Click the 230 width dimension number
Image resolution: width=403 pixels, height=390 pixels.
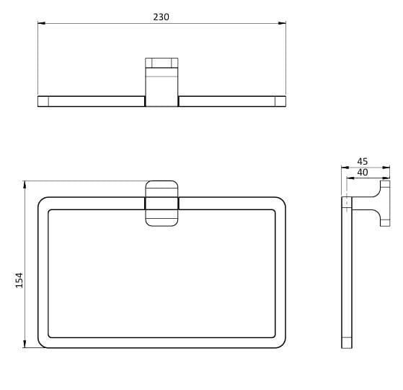pos(161,17)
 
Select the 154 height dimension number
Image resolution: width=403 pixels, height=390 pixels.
pos(19,280)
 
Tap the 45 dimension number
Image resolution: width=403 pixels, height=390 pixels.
pos(363,162)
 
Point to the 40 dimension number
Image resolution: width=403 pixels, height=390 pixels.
pos(363,172)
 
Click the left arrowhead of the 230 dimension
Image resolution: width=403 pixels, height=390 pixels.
pos(40,24)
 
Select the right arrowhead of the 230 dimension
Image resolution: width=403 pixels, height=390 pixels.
pos(283,24)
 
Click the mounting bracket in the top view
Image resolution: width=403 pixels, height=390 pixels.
pos(161,81)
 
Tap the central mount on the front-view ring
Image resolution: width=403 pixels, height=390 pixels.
pos(161,203)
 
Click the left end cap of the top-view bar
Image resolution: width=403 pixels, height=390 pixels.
pos(43,101)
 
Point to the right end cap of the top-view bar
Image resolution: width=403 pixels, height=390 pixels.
pos(280,101)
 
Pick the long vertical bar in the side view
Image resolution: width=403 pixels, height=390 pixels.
pos(347,274)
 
